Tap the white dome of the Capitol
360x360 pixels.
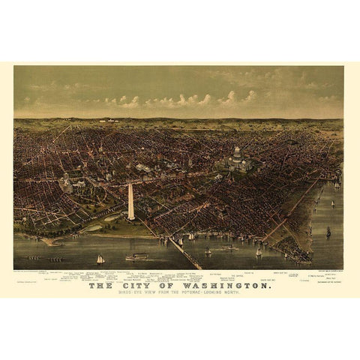coord(236,154)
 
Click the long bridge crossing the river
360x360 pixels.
coord(184,252)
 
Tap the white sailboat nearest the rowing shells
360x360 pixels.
coord(100,259)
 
